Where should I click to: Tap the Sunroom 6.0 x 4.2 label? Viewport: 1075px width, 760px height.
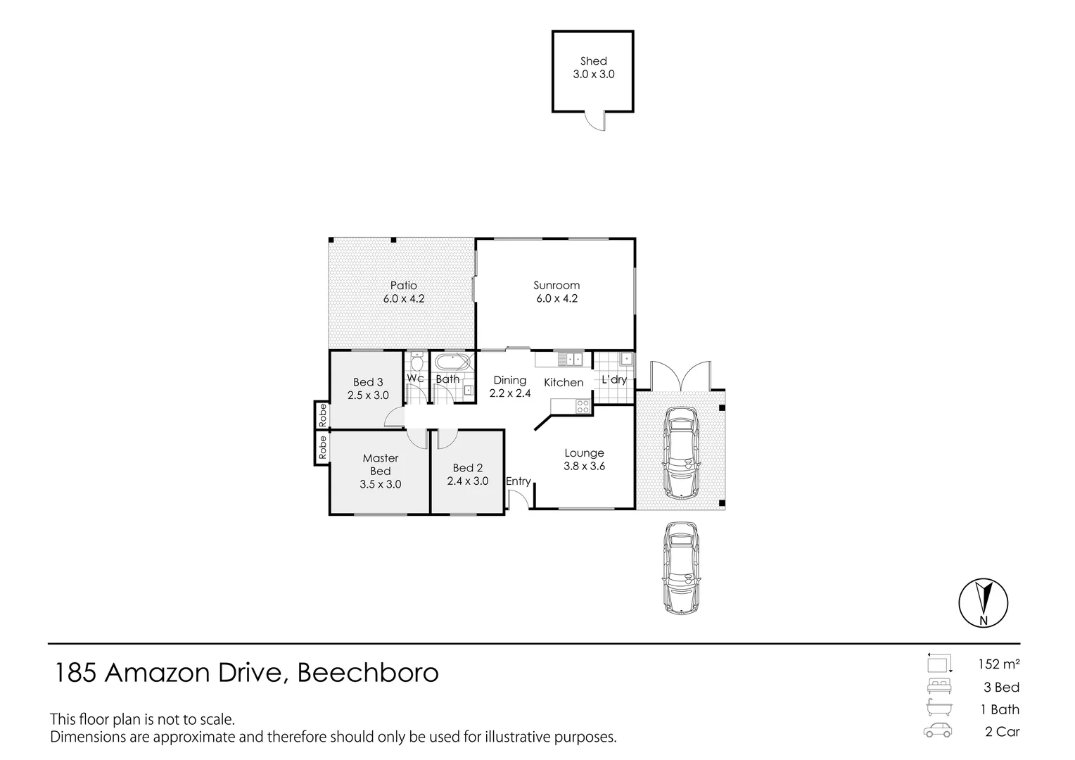(556, 292)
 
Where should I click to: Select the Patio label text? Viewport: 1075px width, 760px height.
(403, 285)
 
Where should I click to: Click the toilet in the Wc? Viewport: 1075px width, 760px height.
(416, 362)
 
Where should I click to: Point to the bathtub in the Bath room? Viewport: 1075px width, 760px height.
(452, 362)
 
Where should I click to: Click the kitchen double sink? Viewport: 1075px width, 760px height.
(570, 359)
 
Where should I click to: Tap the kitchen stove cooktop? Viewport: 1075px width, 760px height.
(583, 406)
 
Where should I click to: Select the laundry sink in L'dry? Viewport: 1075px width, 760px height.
(626, 359)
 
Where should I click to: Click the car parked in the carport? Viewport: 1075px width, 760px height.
(681, 453)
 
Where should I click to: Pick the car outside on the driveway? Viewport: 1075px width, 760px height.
(681, 568)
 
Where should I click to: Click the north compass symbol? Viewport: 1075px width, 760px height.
(984, 603)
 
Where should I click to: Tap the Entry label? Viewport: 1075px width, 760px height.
(519, 481)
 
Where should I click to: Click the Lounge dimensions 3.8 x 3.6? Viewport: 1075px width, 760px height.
(584, 466)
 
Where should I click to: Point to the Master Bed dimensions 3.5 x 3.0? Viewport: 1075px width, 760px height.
(380, 484)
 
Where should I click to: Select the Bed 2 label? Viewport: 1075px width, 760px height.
(467, 468)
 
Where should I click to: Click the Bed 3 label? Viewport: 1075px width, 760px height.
(368, 382)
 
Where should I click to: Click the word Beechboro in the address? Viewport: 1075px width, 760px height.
(368, 673)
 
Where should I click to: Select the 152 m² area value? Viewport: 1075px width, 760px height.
(999, 664)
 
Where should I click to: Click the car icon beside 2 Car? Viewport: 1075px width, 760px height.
(937, 730)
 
